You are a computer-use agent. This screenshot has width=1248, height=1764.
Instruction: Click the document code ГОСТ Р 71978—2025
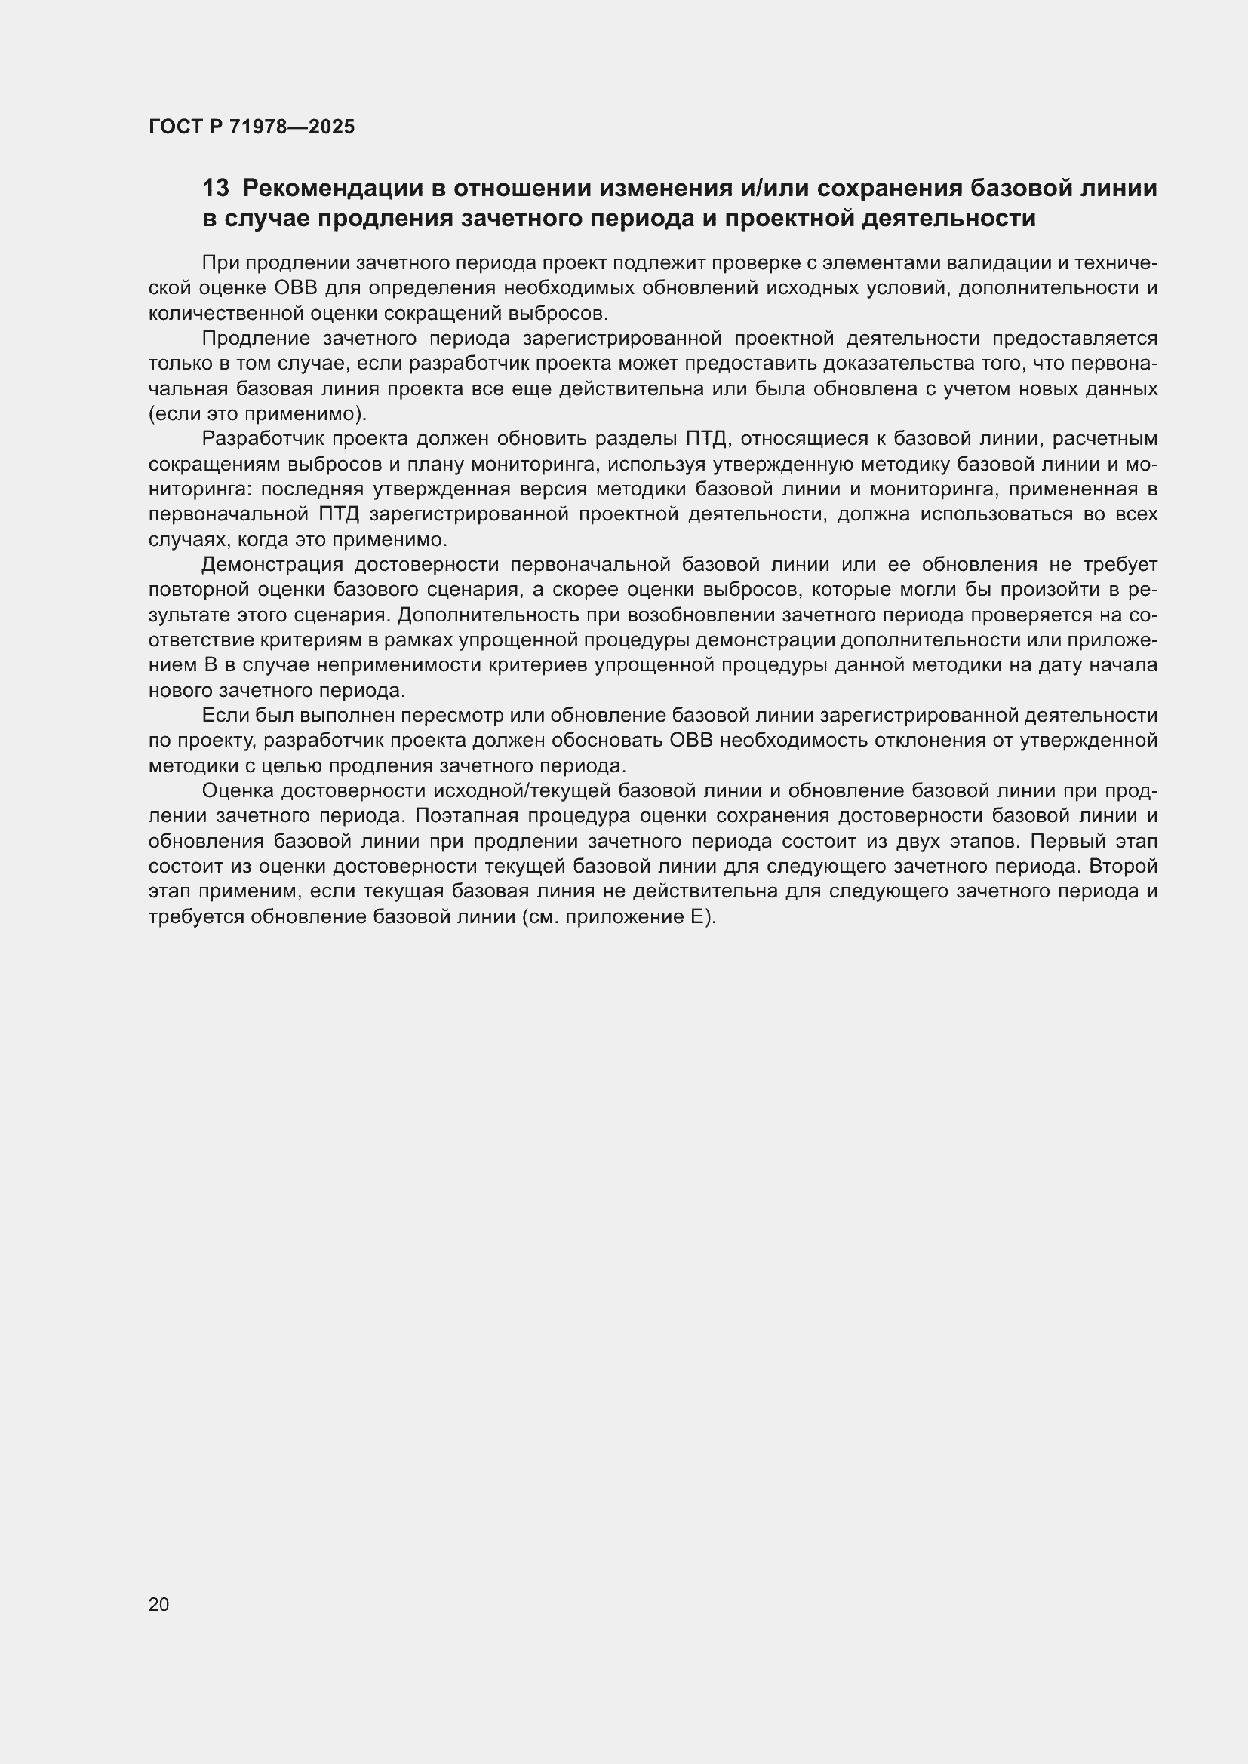[251, 127]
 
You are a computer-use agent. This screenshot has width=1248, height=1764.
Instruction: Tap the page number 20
[158, 1604]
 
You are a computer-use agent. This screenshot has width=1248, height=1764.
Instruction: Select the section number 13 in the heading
[215, 189]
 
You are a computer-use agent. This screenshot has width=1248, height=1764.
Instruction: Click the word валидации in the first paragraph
[993, 262]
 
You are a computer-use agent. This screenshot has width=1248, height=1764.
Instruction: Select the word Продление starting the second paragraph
[255, 339]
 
